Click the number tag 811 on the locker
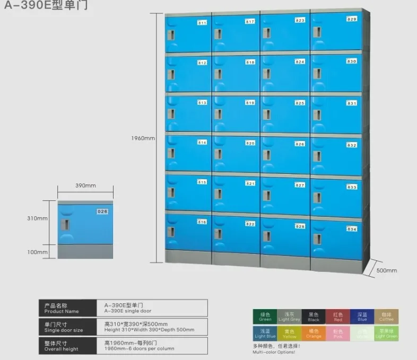[x=202, y=23]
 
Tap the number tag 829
[x=352, y=19]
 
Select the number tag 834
[x=352, y=229]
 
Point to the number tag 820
[x=250, y=143]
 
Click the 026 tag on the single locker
[x=102, y=212]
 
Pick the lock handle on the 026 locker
[x=66, y=224]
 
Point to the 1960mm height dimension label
[x=143, y=138]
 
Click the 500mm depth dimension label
[x=386, y=270]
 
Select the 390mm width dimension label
[x=85, y=186]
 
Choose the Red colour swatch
[x=338, y=317]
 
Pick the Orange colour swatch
[x=314, y=333]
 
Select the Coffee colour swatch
[x=386, y=317]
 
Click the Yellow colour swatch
[x=289, y=333]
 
